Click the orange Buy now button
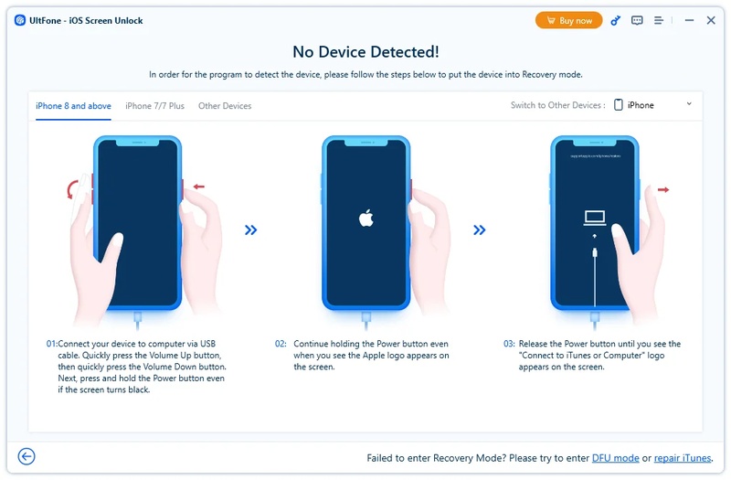point(568,20)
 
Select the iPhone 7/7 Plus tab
point(154,106)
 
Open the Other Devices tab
point(225,106)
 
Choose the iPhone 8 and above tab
point(73,106)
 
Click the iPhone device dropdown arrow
point(689,104)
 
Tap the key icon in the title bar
point(615,20)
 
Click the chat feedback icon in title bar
point(637,20)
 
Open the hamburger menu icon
point(659,20)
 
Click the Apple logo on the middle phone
point(365,218)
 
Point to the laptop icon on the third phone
point(595,218)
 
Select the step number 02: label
point(281,344)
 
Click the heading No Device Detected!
point(365,52)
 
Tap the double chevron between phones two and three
point(480,230)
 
